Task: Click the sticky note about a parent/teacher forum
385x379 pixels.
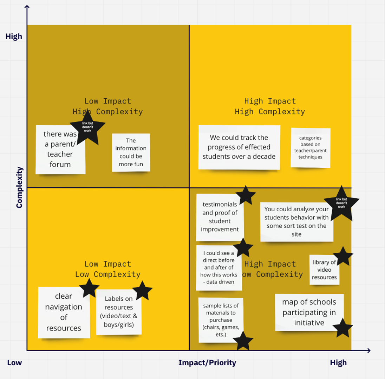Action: click(60, 154)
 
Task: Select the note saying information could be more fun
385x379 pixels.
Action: click(131, 152)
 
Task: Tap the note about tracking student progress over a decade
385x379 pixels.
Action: click(239, 147)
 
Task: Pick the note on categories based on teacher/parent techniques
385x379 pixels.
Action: click(311, 147)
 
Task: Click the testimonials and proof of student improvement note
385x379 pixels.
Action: click(220, 217)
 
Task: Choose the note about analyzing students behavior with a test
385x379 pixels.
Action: click(296, 221)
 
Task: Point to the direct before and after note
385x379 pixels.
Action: click(218, 268)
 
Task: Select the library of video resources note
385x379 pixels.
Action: click(324, 270)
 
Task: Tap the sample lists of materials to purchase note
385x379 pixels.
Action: click(221, 320)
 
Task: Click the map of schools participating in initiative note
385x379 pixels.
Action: click(309, 312)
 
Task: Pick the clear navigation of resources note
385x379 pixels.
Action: click(64, 312)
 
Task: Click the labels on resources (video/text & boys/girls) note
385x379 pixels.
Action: click(119, 312)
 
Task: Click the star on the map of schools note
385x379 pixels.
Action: click(342, 328)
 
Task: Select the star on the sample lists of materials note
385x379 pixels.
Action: click(243, 341)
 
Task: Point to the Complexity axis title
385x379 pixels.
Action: click(19, 187)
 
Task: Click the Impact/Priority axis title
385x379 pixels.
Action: click(207, 363)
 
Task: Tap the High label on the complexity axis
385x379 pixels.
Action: click(14, 36)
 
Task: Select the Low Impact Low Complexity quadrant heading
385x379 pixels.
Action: click(107, 269)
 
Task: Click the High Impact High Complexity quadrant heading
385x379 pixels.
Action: click(270, 106)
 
